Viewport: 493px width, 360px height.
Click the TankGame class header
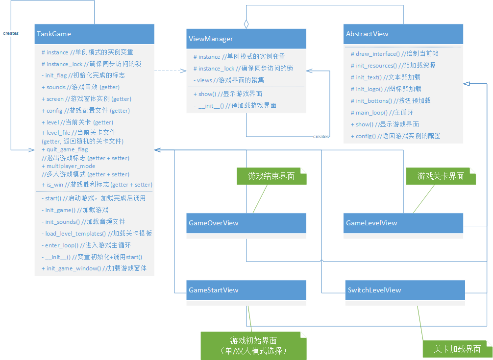[x=94, y=34]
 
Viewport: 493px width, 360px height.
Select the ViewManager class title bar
[x=246, y=39]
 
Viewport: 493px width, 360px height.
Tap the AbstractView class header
[x=403, y=34]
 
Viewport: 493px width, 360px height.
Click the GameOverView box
[x=246, y=223]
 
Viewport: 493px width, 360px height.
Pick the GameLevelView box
[x=403, y=223]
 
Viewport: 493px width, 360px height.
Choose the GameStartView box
[x=246, y=290]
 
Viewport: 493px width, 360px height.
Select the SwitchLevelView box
[x=405, y=290]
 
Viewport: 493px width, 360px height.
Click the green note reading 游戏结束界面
[x=271, y=176]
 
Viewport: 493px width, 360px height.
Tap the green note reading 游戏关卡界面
[x=441, y=176]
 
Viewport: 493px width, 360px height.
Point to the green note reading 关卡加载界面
[x=457, y=349]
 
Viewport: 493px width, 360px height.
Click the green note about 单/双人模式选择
[x=253, y=346]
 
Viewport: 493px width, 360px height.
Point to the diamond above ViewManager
[x=246, y=23]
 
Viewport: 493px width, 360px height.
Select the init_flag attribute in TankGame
[x=83, y=75]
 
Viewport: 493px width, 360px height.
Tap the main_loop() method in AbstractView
[x=378, y=112]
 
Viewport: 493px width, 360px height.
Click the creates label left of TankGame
[x=11, y=33]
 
